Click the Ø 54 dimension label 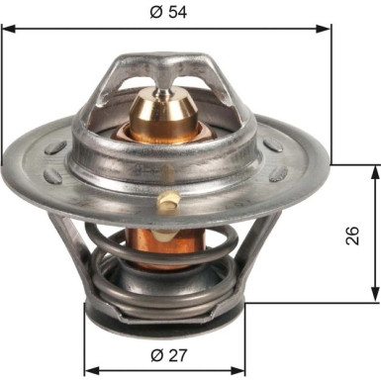pyautogui.click(x=168, y=13)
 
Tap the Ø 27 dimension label pyautogui.click(x=169, y=355)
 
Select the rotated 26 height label pyautogui.click(x=352, y=236)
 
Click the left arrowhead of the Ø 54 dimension pyautogui.click(x=9, y=29)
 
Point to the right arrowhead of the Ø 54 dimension pyautogui.click(x=323, y=29)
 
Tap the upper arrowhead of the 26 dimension pyautogui.click(x=375, y=172)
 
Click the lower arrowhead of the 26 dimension pyautogui.click(x=375, y=294)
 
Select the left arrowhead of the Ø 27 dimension pyautogui.click(x=92, y=370)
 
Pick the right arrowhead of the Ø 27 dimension pyautogui.click(x=238, y=370)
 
